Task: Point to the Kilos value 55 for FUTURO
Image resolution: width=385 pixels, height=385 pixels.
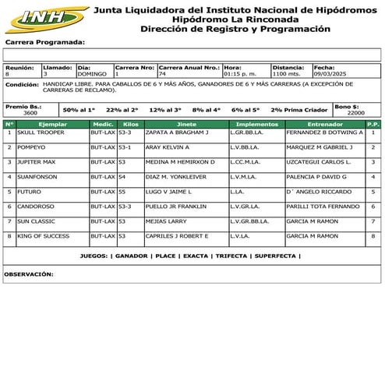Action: pyautogui.click(x=122, y=192)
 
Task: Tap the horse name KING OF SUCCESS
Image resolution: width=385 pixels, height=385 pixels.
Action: pyautogui.click(x=44, y=236)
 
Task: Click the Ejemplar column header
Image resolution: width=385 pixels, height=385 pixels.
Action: pyautogui.click(x=52, y=124)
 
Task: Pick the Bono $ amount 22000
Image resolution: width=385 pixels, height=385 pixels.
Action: pyautogui.click(x=355, y=113)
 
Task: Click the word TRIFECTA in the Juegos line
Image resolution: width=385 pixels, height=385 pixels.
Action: pyautogui.click(x=232, y=256)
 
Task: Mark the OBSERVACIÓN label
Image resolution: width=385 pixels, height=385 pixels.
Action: pyautogui.click(x=30, y=274)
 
